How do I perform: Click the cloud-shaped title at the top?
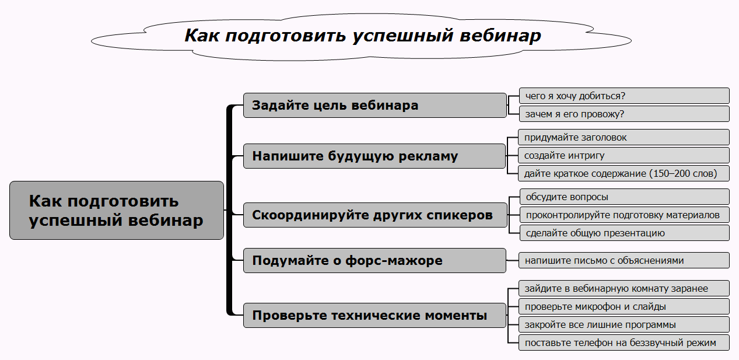coord(362,36)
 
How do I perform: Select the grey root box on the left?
coord(117,210)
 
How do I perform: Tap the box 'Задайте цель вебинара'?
coord(374,106)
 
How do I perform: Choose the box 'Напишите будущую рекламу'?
coord(374,156)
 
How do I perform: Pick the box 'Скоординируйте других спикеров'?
coord(374,215)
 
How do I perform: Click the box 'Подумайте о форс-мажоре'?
coord(374,260)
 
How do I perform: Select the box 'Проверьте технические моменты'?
coord(374,316)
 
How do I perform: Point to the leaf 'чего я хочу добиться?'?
coord(624,96)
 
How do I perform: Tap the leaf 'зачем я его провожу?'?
coord(624,114)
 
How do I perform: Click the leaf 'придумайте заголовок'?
coord(624,138)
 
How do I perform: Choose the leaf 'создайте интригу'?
coord(624,155)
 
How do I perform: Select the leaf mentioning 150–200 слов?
coord(624,173)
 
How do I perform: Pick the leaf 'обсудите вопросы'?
coord(624,197)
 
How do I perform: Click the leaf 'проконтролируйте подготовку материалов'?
coord(624,215)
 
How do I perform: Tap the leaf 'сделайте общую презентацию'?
coord(624,233)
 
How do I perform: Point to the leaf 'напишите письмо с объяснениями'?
coord(624,260)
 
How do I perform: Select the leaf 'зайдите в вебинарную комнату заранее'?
coord(624,288)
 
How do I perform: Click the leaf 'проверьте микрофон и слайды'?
coord(624,306)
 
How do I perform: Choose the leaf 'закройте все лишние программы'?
coord(624,324)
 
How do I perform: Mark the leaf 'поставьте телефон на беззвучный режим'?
coord(624,342)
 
